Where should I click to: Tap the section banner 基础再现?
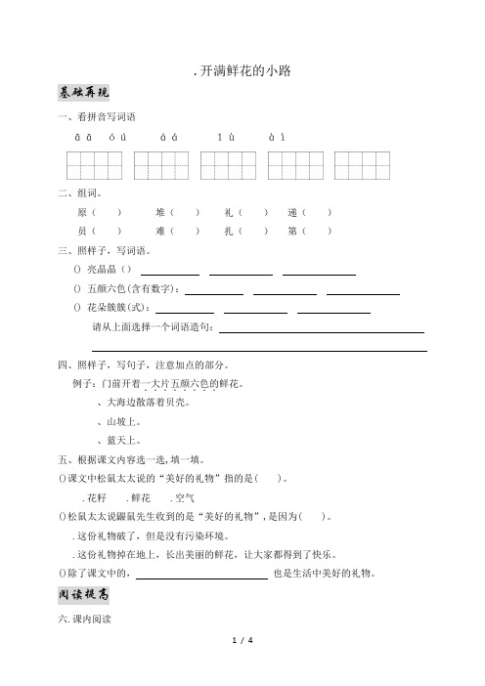pyautogui.click(x=85, y=93)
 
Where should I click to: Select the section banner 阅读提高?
pyautogui.click(x=85, y=595)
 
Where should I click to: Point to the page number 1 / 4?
pyautogui.click(x=242, y=667)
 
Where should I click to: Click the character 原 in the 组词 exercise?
pyautogui.click(x=81, y=212)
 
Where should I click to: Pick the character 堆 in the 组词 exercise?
pyautogui.click(x=160, y=212)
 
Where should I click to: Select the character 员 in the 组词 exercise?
pyautogui.click(x=81, y=232)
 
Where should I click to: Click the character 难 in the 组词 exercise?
pyautogui.click(x=160, y=232)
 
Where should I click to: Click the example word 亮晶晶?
pyautogui.click(x=102, y=270)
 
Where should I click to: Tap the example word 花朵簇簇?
pyautogui.click(x=107, y=308)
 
